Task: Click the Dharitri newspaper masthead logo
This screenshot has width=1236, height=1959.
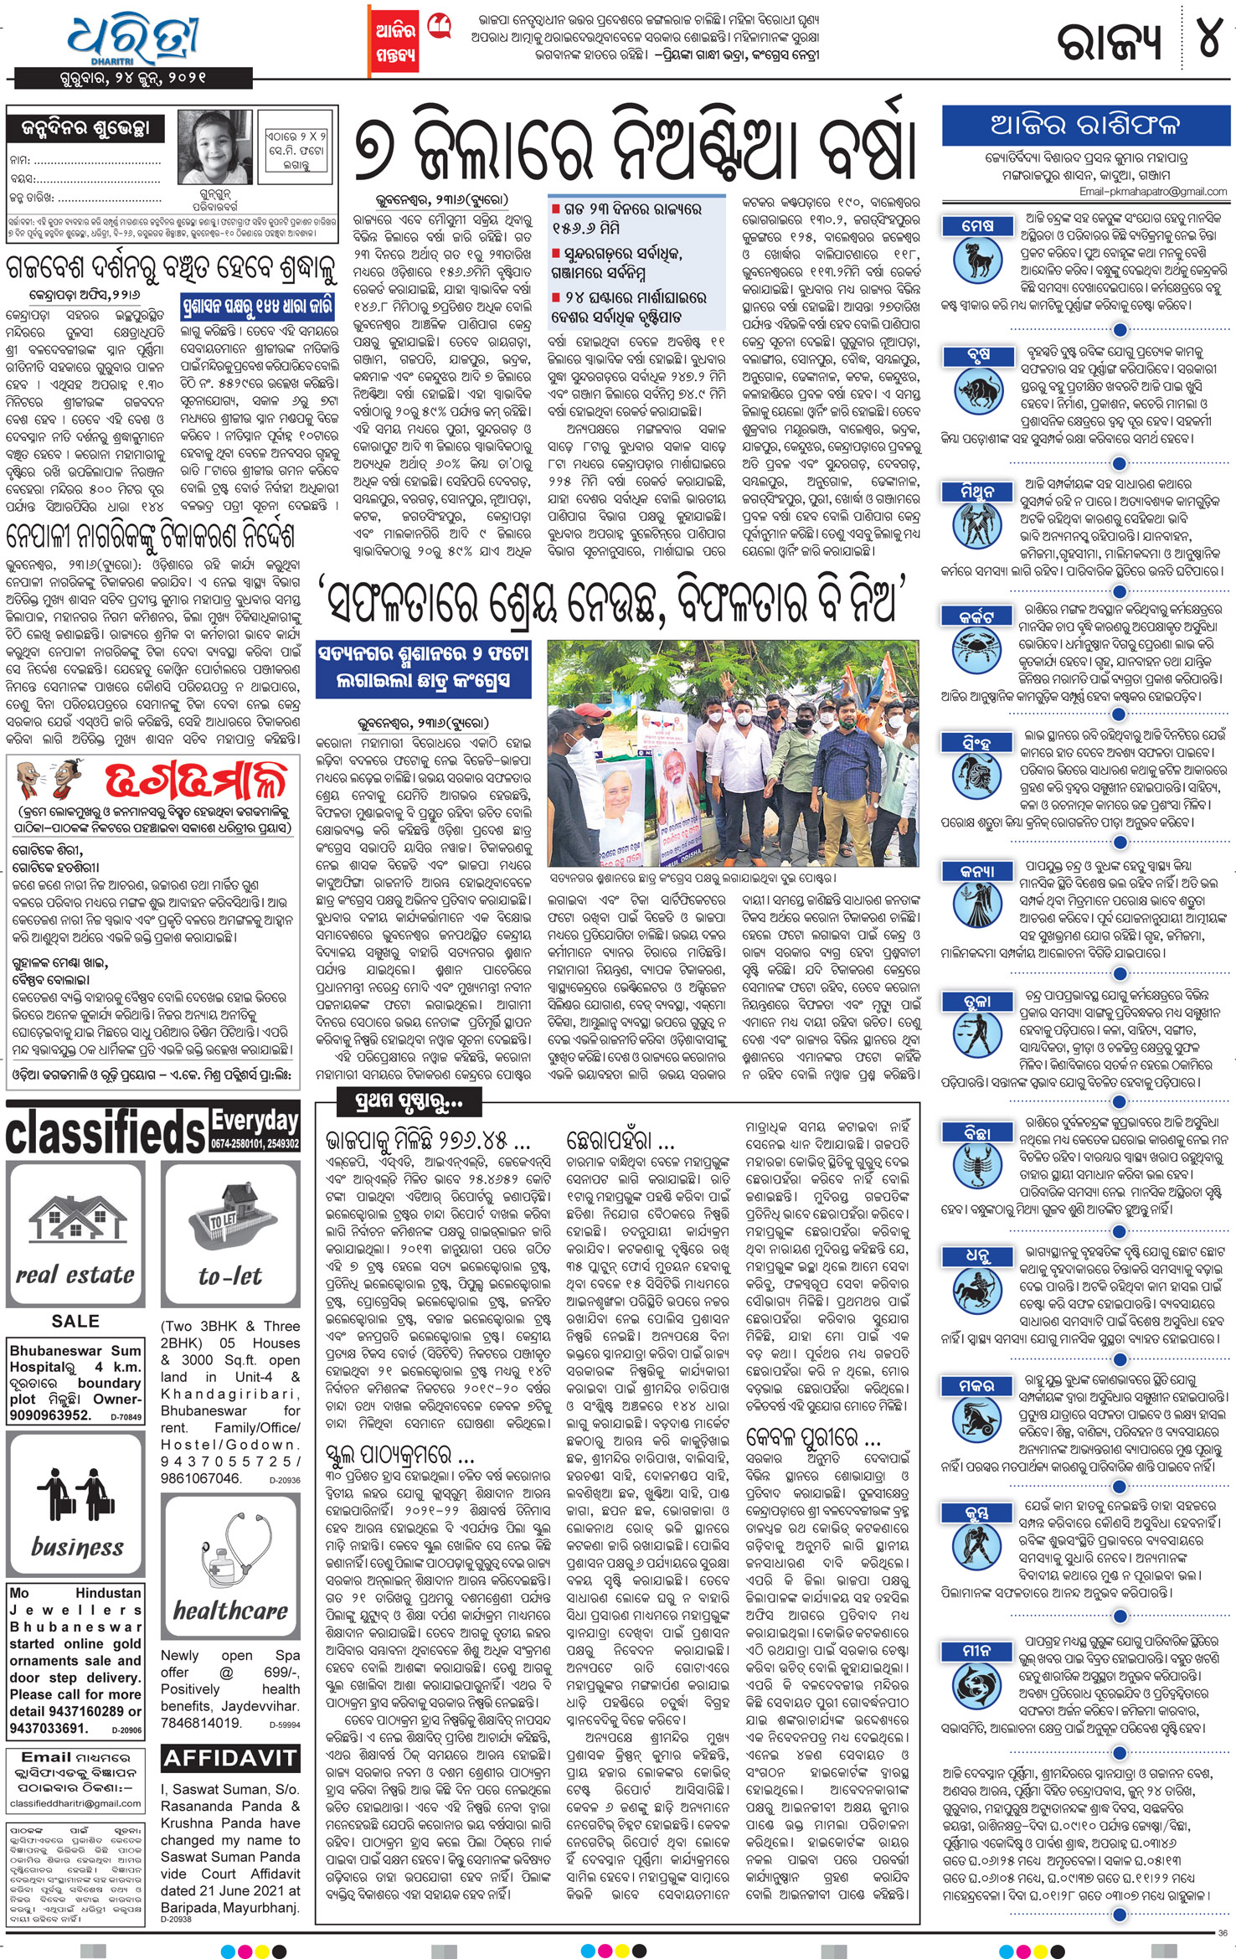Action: pyautogui.click(x=134, y=39)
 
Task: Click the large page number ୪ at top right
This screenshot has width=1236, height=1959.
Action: pyautogui.click(x=1209, y=37)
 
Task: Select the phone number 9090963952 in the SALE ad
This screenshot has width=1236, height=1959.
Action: pyautogui.click(x=50, y=1415)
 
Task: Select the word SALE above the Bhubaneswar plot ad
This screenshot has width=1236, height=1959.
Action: pyautogui.click(x=75, y=1321)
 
